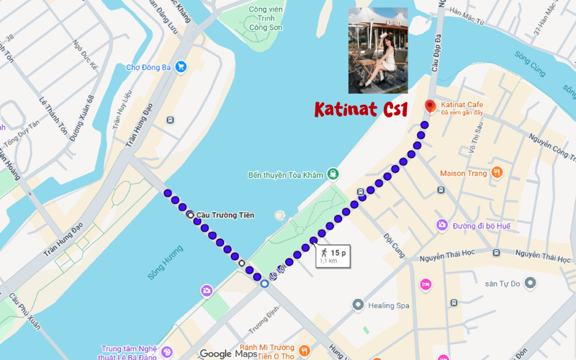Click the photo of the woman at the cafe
[x=377, y=50]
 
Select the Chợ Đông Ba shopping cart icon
[x=181, y=66]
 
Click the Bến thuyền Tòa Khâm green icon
[x=333, y=174]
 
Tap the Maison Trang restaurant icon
[x=496, y=173]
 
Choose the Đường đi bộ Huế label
[x=482, y=226]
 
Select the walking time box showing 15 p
[x=333, y=255]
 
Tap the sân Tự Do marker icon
[x=531, y=284]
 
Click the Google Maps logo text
[x=228, y=353]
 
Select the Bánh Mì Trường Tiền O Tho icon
[x=304, y=351]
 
